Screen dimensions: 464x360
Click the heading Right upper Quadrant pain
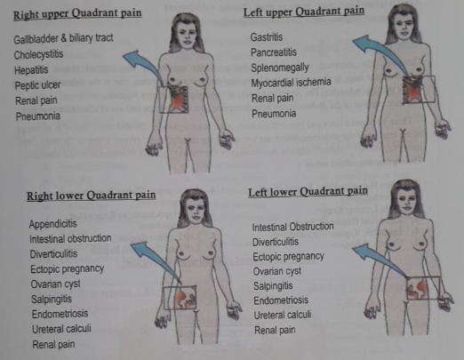pyautogui.click(x=77, y=14)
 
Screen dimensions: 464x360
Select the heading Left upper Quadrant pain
pyautogui.click(x=304, y=12)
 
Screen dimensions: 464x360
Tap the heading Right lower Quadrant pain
pyautogui.click(x=92, y=196)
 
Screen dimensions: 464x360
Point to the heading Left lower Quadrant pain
pyautogui.click(x=308, y=191)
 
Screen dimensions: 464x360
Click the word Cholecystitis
pyautogui.click(x=38, y=55)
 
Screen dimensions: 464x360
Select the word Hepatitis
pyautogui.click(x=31, y=70)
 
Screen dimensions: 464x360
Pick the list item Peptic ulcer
pyautogui.click(x=37, y=85)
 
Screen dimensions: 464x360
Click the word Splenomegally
pyautogui.click(x=280, y=68)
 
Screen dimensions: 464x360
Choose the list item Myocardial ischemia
pyautogui.click(x=291, y=83)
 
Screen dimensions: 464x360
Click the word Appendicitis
pyautogui.click(x=53, y=224)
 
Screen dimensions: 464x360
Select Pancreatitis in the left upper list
pyautogui.click(x=274, y=52)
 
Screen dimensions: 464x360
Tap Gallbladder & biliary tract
pyautogui.click(x=63, y=38)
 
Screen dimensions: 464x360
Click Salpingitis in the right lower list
pyautogui.click(x=52, y=300)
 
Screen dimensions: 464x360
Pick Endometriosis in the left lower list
pyautogui.click(x=281, y=300)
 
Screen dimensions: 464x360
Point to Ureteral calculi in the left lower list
pyautogui.click(x=283, y=315)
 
